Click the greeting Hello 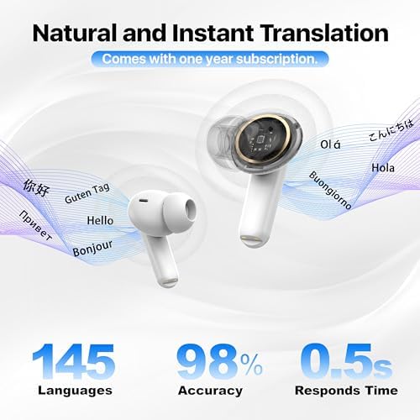[100, 221]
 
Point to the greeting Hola [384, 167]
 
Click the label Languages [76, 390]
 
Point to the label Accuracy [210, 390]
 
